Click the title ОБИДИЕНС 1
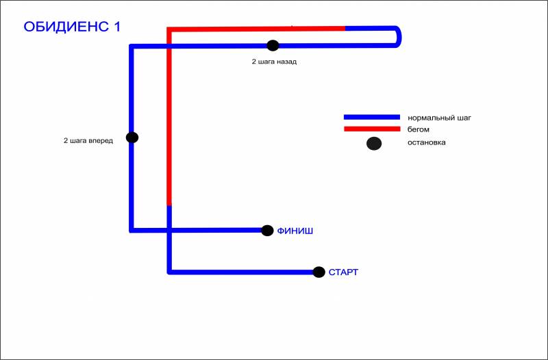(72, 27)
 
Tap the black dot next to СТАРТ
(319, 272)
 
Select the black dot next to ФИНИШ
(267, 231)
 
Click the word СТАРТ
(343, 272)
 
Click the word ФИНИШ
(295, 231)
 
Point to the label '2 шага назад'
(274, 61)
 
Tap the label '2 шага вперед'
(88, 141)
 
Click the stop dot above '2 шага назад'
(273, 46)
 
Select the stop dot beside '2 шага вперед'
(132, 138)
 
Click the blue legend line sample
(371, 117)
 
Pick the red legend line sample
(371, 129)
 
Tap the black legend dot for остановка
(374, 144)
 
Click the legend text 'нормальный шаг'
(439, 118)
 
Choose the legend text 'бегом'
(418, 129)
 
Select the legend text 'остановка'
(426, 143)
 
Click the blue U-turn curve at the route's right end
(399, 36)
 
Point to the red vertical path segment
(169, 116)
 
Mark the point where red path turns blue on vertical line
(169, 205)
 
